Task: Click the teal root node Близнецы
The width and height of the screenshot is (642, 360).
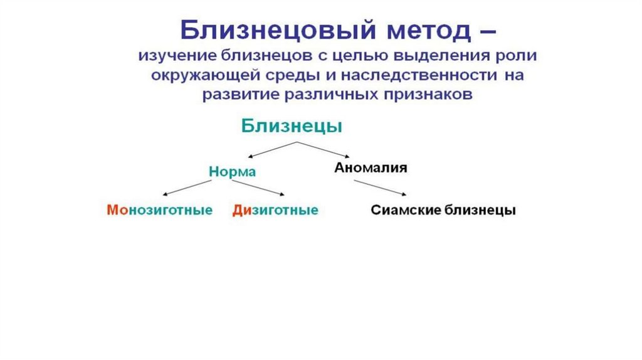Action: pos(292,125)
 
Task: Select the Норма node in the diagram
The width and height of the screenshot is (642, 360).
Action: pos(232,172)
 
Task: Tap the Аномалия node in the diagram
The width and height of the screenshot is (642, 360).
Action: pos(371,168)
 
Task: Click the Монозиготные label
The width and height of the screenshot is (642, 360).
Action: pos(160,210)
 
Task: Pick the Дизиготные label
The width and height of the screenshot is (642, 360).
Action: pos(275,210)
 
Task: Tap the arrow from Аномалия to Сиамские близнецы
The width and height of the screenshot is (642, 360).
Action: pos(379,188)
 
